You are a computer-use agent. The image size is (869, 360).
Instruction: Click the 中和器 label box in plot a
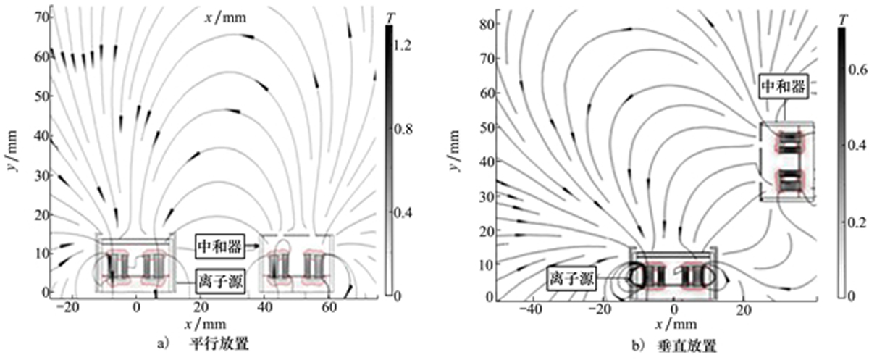(x=220, y=246)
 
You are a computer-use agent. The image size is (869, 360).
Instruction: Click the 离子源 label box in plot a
(x=220, y=282)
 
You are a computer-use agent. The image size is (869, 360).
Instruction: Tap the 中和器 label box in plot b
(x=784, y=86)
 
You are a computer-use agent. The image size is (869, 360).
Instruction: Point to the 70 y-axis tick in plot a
(x=42, y=17)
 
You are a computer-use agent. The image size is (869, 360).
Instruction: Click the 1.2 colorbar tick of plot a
(x=402, y=46)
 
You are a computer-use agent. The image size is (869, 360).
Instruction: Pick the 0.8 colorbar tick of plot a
(x=403, y=129)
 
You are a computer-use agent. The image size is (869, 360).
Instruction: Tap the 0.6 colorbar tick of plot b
(x=857, y=70)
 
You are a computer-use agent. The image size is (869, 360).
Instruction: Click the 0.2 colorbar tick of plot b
(x=857, y=222)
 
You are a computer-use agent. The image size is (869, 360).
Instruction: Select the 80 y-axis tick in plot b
(x=487, y=24)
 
